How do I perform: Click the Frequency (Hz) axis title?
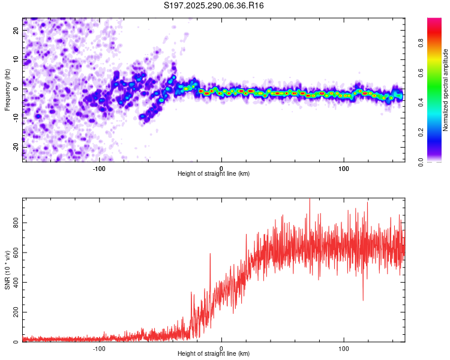pyautogui.click(x=7, y=90)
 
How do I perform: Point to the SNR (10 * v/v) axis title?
pyautogui.click(x=7, y=270)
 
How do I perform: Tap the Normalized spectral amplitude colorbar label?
pyautogui.click(x=445, y=90)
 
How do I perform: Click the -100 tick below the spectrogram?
pyautogui.click(x=99, y=168)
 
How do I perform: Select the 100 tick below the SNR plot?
pyautogui.click(x=344, y=349)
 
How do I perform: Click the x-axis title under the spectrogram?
pyautogui.click(x=214, y=174)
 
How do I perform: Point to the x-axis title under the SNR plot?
pyautogui.click(x=214, y=355)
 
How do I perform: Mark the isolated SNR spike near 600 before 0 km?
pyautogui.click(x=210, y=254)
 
